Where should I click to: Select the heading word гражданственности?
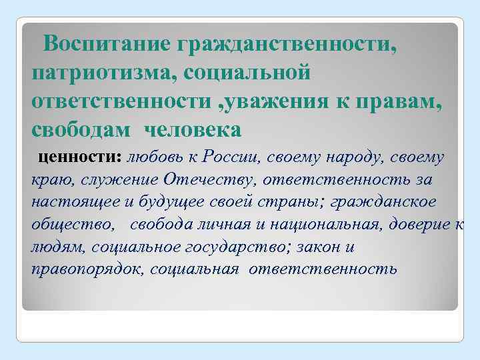pyautogui.click(x=287, y=45)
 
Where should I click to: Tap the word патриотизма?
pyautogui.click(x=98, y=71)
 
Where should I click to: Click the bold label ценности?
pyautogui.click(x=81, y=158)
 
